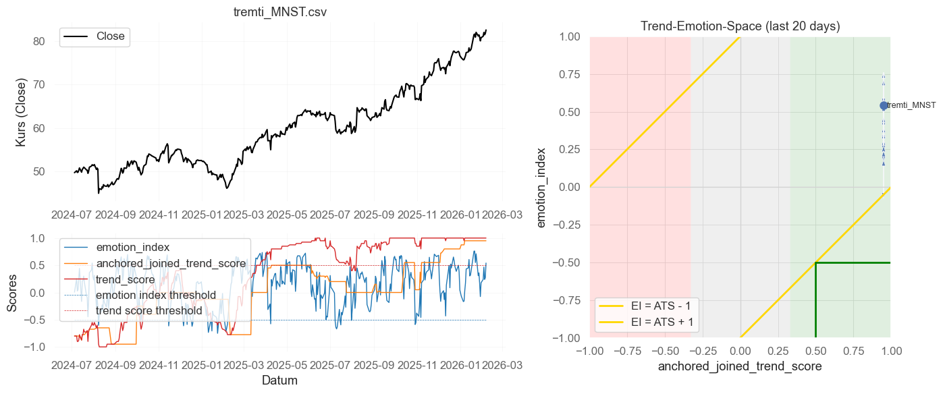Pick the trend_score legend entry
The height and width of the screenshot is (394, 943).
coord(126,279)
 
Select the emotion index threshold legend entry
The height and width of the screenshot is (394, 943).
coord(156,295)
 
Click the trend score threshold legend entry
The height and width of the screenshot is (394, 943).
coord(149,310)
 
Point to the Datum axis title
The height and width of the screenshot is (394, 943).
coord(279,381)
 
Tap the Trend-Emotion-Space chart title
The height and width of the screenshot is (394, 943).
coord(740,26)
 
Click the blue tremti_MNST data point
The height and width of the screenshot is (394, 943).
coord(884,105)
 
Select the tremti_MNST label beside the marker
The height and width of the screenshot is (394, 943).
coord(911,105)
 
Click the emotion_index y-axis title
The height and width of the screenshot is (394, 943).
coord(542,187)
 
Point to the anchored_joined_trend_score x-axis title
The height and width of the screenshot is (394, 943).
coord(740,367)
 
